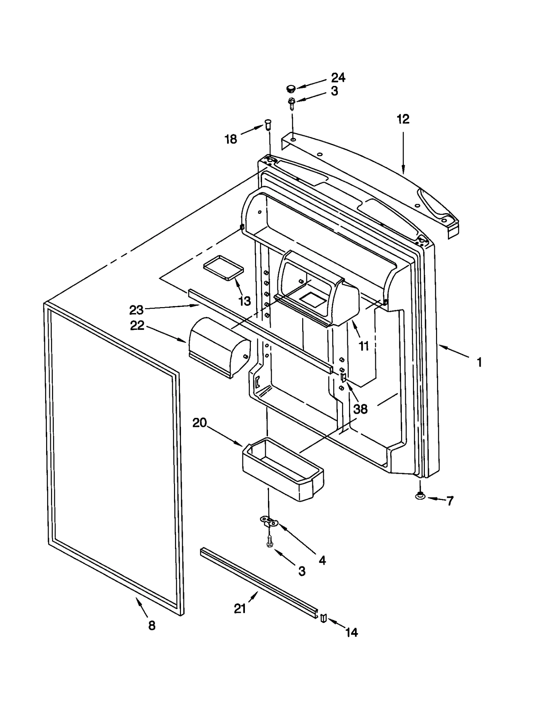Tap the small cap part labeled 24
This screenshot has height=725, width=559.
[x=290, y=88]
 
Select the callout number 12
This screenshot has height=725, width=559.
[x=403, y=119]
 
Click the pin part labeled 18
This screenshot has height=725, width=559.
[x=268, y=124]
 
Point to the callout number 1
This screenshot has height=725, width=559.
[x=480, y=362]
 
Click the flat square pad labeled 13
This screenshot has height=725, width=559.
[x=224, y=268]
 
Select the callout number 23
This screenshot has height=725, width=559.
[x=136, y=310]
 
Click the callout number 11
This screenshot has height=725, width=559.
[x=364, y=346]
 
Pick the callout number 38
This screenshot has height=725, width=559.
[x=360, y=409]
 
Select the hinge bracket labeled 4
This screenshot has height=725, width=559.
[x=269, y=522]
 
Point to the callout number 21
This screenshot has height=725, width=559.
[x=240, y=609]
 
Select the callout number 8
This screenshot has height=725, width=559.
[x=152, y=625]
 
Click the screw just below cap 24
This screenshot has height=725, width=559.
[x=291, y=103]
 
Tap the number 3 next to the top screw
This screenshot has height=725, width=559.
[x=334, y=92]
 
